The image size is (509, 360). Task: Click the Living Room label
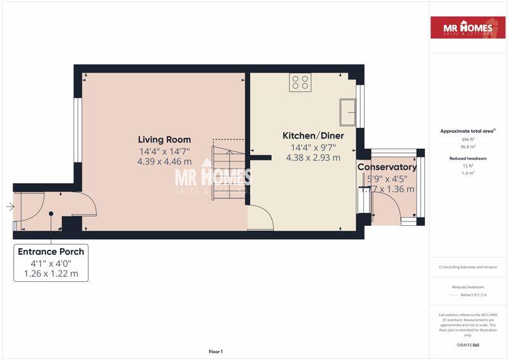tap(165, 140)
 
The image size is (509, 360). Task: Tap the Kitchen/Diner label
tap(313, 136)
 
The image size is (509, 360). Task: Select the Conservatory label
tap(387, 167)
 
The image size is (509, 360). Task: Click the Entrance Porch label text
tap(51, 252)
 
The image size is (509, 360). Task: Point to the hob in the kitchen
tap(300, 82)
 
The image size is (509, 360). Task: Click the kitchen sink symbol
tap(347, 113)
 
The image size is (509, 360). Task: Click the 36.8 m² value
tap(468, 146)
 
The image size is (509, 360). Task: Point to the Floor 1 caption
tap(216, 351)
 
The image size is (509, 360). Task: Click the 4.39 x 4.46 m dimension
tap(164, 162)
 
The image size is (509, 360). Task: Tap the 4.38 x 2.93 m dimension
tap(313, 158)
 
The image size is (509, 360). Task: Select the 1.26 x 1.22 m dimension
tap(51, 273)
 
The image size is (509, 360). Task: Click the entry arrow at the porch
tap(10, 207)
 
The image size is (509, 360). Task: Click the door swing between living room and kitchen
tap(260, 218)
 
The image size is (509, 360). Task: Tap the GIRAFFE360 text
tap(468, 345)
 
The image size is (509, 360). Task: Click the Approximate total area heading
tap(468, 131)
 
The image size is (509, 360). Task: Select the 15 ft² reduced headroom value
tap(468, 165)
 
